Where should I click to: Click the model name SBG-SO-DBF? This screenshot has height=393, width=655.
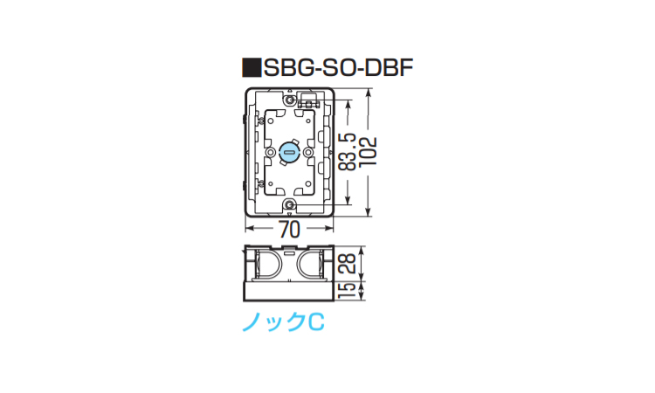point(338,67)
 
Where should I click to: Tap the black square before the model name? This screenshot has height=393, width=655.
point(252,67)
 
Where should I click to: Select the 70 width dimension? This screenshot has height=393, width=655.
point(289,230)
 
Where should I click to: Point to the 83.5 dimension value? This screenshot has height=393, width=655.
point(347,152)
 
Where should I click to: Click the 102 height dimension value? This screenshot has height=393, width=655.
point(368,151)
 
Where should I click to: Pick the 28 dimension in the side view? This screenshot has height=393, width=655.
point(347,264)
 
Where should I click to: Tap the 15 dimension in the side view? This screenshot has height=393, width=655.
point(347,291)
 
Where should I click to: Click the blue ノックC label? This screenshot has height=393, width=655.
point(283,322)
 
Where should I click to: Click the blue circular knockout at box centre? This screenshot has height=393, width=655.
point(289,153)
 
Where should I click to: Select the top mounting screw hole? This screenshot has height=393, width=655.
point(289,100)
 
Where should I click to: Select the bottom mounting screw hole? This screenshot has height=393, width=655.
point(289,204)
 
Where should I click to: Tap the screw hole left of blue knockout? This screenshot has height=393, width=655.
point(270,153)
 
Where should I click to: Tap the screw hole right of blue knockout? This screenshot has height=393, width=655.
point(308,153)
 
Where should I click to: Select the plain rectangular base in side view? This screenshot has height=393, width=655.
point(289,292)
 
